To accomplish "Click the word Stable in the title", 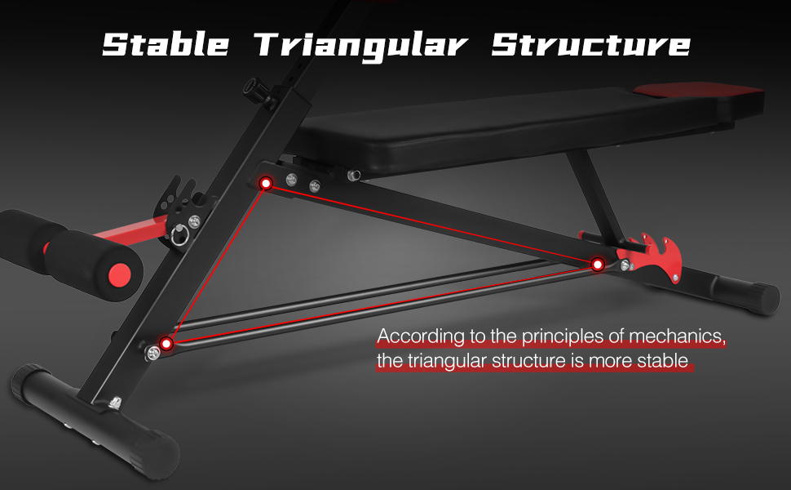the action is point(166,44).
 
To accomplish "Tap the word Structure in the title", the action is point(590,44).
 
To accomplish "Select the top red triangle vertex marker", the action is point(265,184).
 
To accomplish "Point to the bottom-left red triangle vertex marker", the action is point(167,344).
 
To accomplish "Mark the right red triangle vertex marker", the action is point(597,264).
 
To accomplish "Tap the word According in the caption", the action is point(416,336).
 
